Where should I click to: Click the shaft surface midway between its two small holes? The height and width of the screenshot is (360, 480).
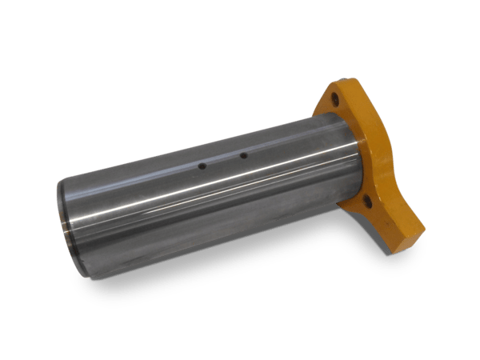tap(222, 161)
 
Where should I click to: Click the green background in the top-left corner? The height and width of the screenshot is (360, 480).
tap(24, 24)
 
